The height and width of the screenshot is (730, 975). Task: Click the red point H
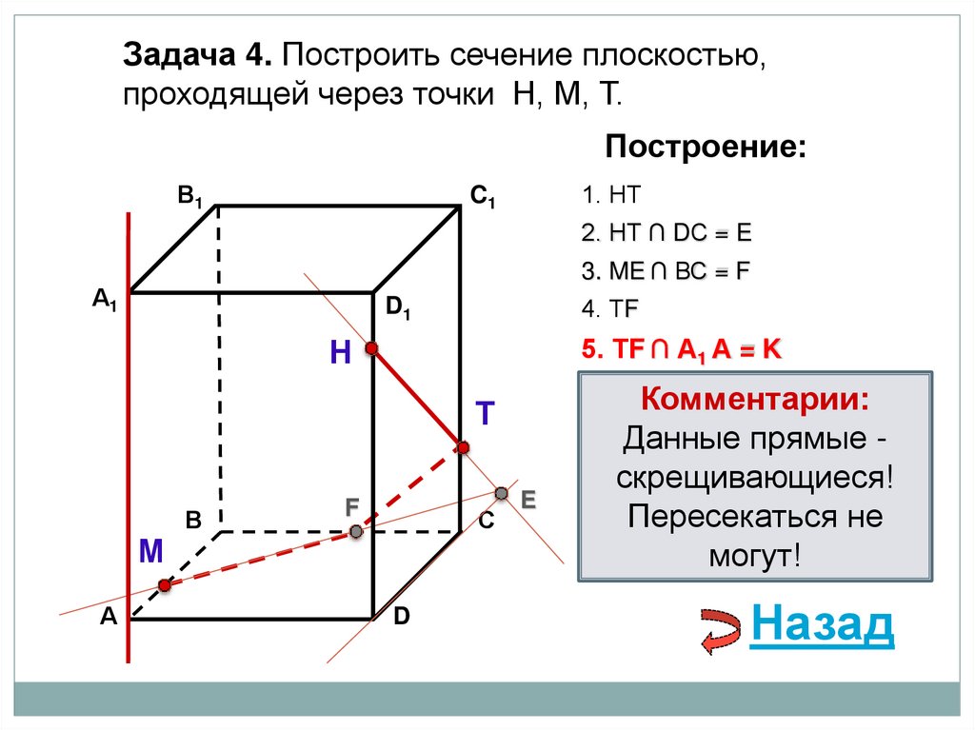372,349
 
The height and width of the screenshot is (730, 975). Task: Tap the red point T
463,447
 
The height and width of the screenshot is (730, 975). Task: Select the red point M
165,585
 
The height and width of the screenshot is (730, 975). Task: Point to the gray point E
502,492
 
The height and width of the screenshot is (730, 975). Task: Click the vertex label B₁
189,198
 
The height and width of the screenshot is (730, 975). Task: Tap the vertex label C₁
483,198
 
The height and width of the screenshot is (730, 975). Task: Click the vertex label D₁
398,307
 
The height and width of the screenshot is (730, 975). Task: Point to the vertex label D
401,617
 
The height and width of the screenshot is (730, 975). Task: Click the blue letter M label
151,551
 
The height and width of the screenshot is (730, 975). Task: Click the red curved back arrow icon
721,631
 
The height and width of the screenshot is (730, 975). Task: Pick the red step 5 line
681,349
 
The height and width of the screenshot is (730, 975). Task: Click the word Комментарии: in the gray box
753,398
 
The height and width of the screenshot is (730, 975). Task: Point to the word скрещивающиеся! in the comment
754,478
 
